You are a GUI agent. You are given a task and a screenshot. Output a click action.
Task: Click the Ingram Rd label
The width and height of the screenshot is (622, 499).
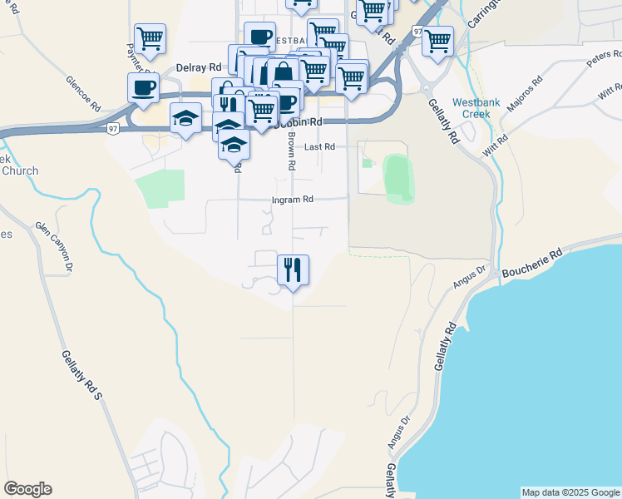[x=292, y=200]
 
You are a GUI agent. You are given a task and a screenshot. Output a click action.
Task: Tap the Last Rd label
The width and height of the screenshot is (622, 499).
[x=319, y=146]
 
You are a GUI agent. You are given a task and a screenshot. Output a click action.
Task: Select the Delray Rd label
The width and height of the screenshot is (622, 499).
[x=198, y=67]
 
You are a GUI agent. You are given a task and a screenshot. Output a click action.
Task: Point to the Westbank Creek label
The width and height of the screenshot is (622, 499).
[x=476, y=107]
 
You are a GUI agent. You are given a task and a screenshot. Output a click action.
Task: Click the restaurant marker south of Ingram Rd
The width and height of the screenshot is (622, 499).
[x=292, y=269]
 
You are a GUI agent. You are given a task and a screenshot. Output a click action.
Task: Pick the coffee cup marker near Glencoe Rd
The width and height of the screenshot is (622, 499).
[x=143, y=86]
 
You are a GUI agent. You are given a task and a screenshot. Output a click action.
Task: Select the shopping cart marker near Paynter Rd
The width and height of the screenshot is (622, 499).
[x=150, y=37]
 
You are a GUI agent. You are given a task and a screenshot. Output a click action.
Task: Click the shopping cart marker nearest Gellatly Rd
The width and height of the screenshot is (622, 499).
[x=437, y=39]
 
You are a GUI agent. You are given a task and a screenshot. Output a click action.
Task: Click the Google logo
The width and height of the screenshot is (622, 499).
[x=27, y=489]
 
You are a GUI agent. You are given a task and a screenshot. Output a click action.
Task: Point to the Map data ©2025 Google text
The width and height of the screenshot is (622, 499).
[x=570, y=492]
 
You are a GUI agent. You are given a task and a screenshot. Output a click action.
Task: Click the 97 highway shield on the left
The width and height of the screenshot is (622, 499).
[x=112, y=128]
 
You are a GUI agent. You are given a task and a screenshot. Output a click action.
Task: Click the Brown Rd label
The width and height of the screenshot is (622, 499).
[x=291, y=152]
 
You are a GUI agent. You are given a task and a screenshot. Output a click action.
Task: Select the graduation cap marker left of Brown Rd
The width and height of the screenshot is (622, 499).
[x=185, y=117]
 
